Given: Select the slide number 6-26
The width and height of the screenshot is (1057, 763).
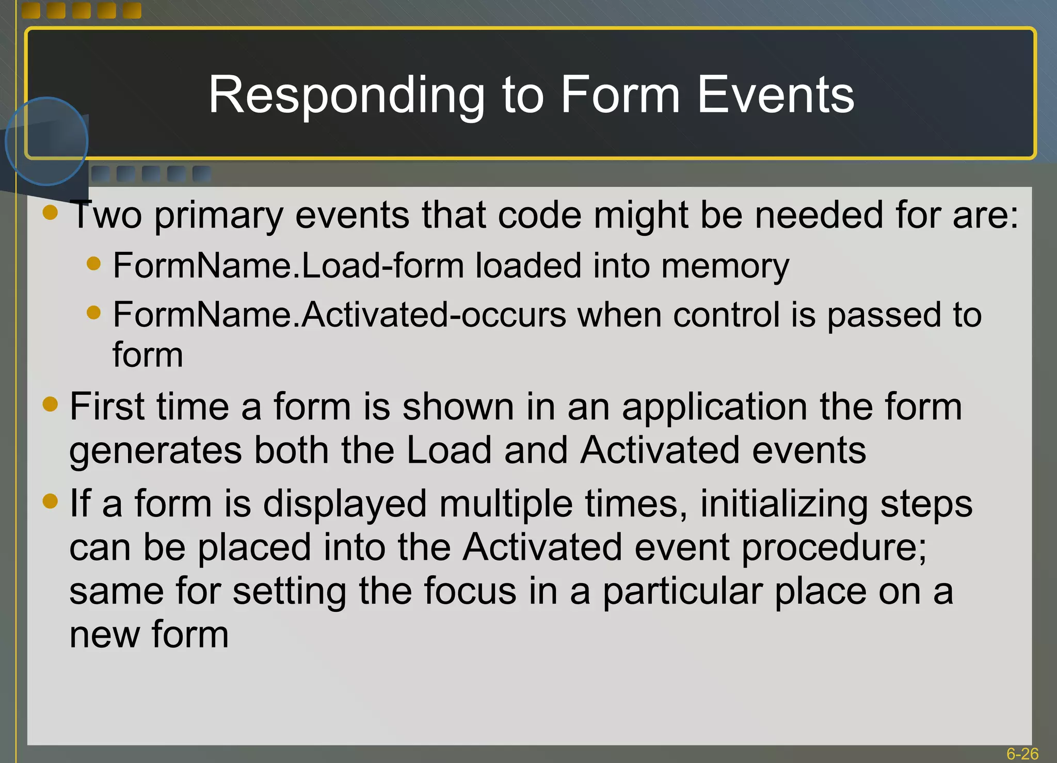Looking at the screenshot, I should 1022,754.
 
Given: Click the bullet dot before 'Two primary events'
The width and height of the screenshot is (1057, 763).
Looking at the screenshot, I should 50,213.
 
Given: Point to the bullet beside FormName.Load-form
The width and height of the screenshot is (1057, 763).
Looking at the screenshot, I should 93,264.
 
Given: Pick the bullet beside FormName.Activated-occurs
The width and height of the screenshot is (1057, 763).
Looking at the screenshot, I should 93,313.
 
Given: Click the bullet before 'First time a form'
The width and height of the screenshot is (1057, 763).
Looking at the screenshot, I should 50,404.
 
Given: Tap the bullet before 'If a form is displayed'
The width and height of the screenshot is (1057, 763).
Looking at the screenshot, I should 50,501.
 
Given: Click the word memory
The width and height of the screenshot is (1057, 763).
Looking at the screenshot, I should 725,266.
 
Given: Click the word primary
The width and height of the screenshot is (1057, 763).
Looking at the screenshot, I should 218,216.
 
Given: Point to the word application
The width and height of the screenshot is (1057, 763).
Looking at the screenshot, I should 714,408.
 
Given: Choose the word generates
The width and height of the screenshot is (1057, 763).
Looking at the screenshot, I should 155,451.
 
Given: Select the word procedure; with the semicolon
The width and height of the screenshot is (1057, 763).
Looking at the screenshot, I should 834,548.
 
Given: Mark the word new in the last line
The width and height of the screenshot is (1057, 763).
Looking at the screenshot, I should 104,635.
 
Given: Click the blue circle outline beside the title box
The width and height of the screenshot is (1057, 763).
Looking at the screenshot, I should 46,98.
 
